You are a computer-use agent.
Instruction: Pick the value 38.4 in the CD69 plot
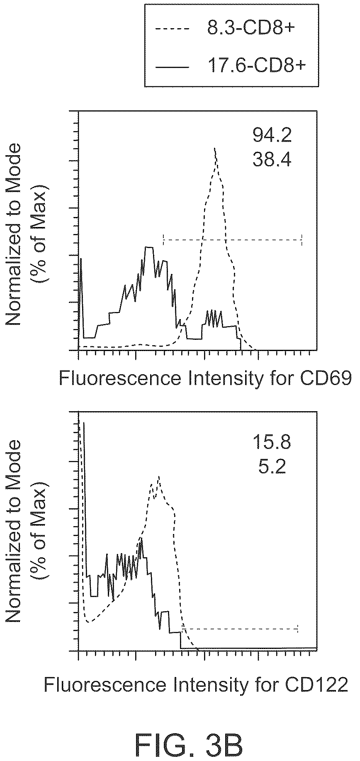pyautogui.click(x=272, y=159)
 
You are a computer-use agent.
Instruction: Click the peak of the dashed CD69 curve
pyautogui.click(x=215, y=148)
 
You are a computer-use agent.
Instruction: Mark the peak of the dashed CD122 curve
pyautogui.click(x=158, y=477)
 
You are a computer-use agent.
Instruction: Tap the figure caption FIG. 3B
pyautogui.click(x=190, y=736)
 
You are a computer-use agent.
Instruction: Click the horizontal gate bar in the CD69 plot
pyautogui.click(x=233, y=239)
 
